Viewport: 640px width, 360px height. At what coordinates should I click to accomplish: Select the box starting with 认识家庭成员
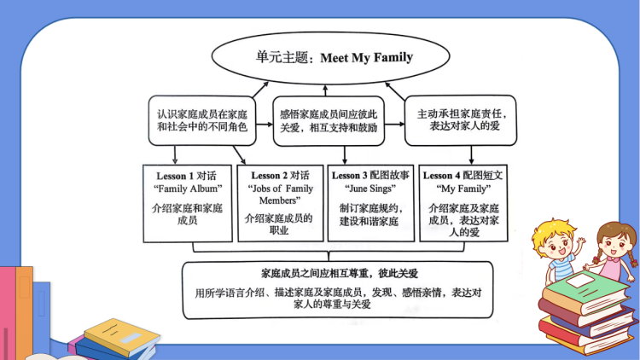coord(201,120)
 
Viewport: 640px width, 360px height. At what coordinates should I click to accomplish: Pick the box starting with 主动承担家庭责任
coord(461,120)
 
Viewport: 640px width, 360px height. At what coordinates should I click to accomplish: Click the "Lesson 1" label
coord(169,176)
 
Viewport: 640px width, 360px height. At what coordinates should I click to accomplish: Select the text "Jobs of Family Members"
coord(280,195)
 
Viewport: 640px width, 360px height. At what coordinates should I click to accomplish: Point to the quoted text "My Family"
coord(464,189)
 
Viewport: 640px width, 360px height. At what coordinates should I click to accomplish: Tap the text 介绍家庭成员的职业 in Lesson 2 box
coord(279,224)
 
